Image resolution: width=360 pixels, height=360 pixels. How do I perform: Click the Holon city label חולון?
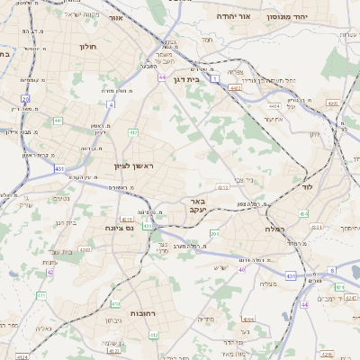coord(87,45)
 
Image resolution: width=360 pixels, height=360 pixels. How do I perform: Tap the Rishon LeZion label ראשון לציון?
coord(134,166)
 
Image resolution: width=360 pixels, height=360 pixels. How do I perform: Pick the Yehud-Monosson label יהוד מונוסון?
coord(287,16)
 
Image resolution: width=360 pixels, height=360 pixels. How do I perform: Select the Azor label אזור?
coord(115,17)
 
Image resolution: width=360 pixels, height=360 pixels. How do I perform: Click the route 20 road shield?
coord(25,99)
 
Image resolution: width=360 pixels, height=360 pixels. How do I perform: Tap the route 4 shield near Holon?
coord(112,104)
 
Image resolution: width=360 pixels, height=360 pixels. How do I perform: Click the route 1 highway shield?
coord(215,78)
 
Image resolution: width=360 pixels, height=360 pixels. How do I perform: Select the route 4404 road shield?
coord(274,105)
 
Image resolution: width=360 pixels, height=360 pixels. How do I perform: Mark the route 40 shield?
coord(241,269)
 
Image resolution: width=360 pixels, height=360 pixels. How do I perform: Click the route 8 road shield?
coord(331,270)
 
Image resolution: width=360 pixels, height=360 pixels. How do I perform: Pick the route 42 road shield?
coord(50,272)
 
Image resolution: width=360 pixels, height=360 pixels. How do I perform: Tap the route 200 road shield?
coord(214,234)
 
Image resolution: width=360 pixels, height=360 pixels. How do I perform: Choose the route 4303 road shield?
coord(86,250)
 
